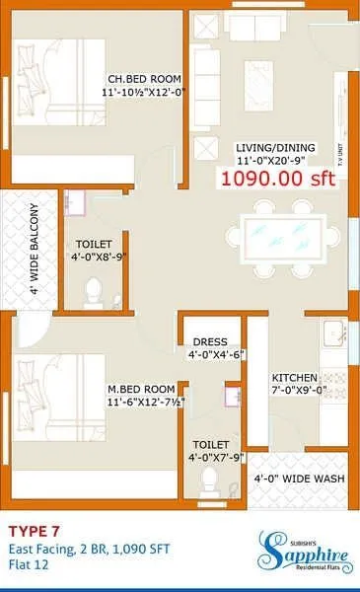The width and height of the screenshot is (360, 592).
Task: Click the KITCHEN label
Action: point(295,377)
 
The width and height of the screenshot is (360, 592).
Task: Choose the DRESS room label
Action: point(210,342)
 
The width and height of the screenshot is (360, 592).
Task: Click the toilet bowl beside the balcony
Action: point(94,290)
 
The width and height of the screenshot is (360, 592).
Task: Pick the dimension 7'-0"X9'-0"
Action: point(295,391)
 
